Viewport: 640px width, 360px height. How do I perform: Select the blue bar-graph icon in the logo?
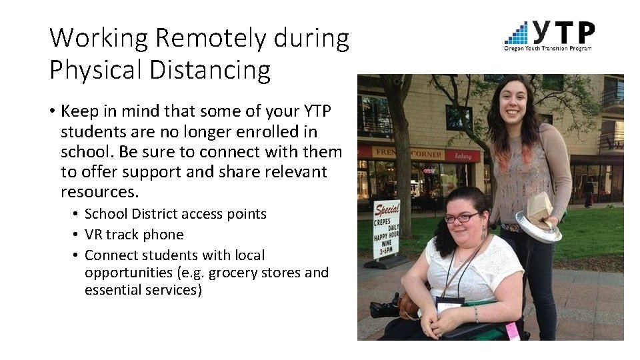517,33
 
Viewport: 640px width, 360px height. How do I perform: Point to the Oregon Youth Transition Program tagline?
547,48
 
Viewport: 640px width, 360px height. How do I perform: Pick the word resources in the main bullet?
97,193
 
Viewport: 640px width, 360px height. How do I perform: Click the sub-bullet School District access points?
175,214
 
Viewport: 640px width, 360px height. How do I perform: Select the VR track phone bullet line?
134,235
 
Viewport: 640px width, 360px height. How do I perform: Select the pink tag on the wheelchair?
512,331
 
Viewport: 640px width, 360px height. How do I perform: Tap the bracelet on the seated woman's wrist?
477,313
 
